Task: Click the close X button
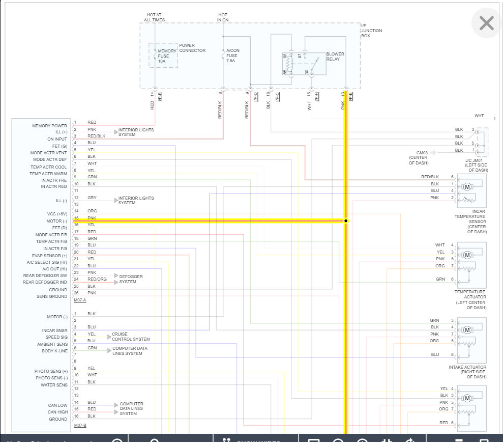(487, 23)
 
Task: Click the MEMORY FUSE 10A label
(167, 56)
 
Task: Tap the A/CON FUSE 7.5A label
(233, 56)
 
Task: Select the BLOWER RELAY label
(335, 57)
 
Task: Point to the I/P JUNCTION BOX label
(371, 31)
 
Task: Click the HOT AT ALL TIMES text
(155, 17)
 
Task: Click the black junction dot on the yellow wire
(346, 221)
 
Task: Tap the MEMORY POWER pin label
(50, 126)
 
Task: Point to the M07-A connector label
(80, 300)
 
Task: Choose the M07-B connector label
(80, 425)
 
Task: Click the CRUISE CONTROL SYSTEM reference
(131, 337)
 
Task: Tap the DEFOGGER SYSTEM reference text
(131, 279)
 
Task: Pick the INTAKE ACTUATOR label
(467, 370)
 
